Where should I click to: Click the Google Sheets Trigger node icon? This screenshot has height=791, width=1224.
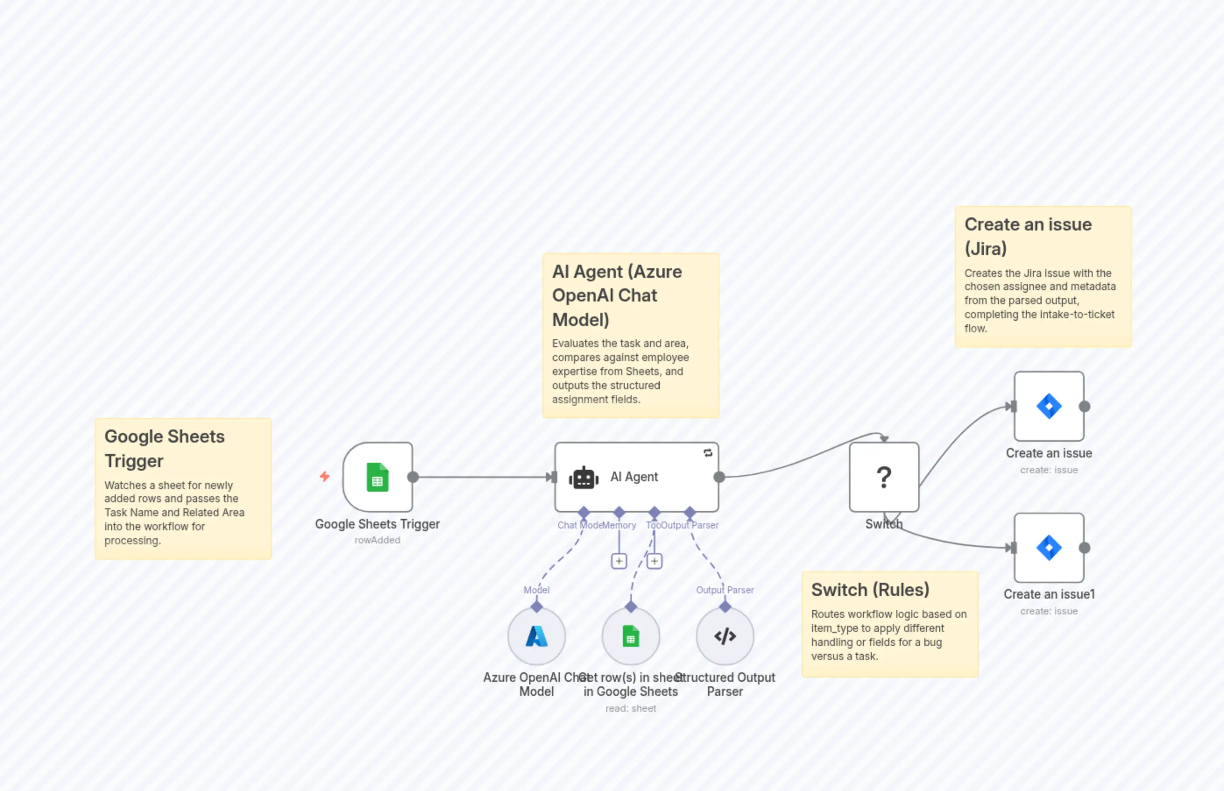pos(377,477)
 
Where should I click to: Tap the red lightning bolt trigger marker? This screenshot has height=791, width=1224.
pos(325,476)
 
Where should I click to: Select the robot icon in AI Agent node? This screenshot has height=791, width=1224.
pos(583,478)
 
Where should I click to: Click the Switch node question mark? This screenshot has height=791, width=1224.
pos(884,477)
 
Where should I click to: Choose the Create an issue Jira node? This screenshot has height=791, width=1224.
pos(1048,406)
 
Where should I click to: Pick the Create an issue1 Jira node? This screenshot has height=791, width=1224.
pos(1048,547)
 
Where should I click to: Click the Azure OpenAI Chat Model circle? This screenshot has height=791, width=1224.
pos(537,636)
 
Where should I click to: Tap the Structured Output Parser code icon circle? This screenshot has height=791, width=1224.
pos(725,636)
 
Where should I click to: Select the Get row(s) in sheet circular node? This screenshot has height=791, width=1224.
pos(630,636)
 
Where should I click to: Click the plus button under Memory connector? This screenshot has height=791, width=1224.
pos(619,561)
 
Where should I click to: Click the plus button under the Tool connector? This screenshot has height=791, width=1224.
pos(654,561)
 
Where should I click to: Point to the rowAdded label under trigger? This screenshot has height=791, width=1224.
pos(377,540)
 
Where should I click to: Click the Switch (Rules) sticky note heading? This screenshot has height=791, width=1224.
pos(870,590)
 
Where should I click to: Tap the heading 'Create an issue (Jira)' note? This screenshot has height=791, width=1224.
pos(1028,236)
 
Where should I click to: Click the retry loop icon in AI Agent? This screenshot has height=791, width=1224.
pos(708,453)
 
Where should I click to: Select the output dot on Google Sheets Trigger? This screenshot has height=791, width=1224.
pos(413,477)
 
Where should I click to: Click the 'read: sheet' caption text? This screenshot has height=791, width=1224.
pos(630,708)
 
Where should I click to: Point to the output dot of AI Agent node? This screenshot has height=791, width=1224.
pos(719,477)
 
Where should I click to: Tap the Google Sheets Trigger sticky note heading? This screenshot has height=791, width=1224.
pos(164,448)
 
